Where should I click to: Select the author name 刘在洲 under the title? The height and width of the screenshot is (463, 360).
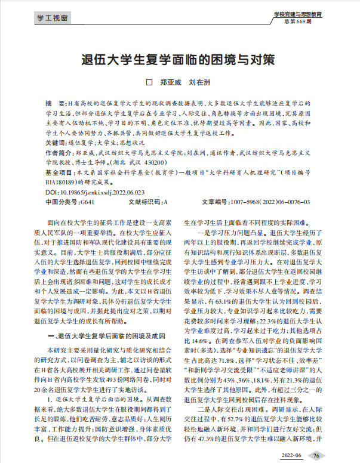[x=199, y=81]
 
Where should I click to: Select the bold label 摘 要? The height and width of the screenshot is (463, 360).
[x=57, y=103]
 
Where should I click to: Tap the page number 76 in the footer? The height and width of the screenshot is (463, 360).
[x=316, y=455]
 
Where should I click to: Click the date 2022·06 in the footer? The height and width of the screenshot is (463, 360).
[x=291, y=455]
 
